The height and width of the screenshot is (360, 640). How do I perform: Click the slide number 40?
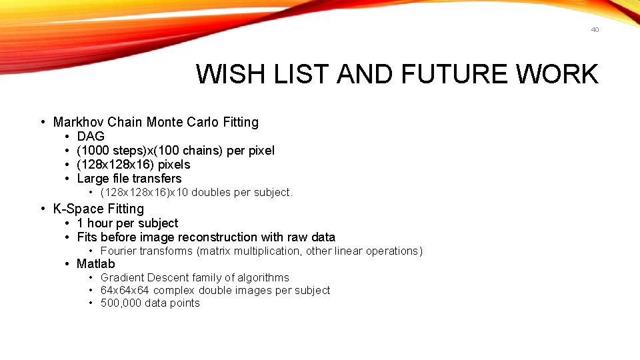[x=595, y=29]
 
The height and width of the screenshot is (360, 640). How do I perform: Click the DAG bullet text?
[x=91, y=137]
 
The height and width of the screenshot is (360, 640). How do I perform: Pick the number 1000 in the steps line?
[x=96, y=151]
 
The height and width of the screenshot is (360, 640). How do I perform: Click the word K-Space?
[x=78, y=209]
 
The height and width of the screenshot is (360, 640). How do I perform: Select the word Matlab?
[x=96, y=264]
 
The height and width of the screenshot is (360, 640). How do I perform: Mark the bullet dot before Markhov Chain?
[x=43, y=122]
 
